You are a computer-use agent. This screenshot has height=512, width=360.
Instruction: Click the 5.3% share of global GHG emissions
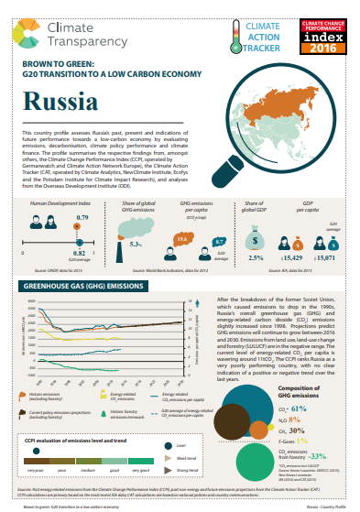tap(136, 244)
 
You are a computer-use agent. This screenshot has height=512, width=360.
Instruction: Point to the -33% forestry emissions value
tap(317, 455)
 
